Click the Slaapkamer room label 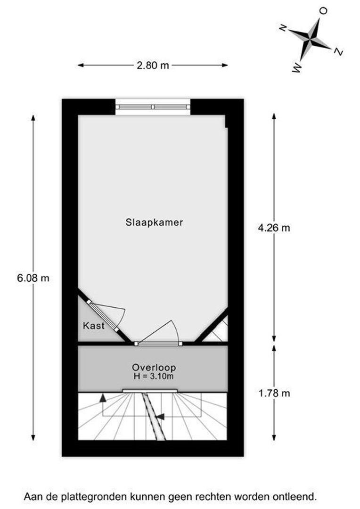[x=154, y=222]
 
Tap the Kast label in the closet [x=94, y=326]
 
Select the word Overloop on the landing [x=154, y=368]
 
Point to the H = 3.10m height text [x=154, y=377]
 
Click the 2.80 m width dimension [x=153, y=66]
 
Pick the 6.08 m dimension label [x=33, y=278]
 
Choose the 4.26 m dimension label [x=274, y=228]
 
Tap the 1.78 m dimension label [x=274, y=394]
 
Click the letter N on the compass [x=283, y=29]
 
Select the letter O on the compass [x=323, y=11]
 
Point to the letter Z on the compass [x=339, y=51]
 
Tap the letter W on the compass [x=297, y=68]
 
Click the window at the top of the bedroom [x=153, y=107]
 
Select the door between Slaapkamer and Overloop [x=158, y=343]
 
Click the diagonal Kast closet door [x=103, y=316]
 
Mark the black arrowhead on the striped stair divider [x=161, y=417]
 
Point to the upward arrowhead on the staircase [x=103, y=398]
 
